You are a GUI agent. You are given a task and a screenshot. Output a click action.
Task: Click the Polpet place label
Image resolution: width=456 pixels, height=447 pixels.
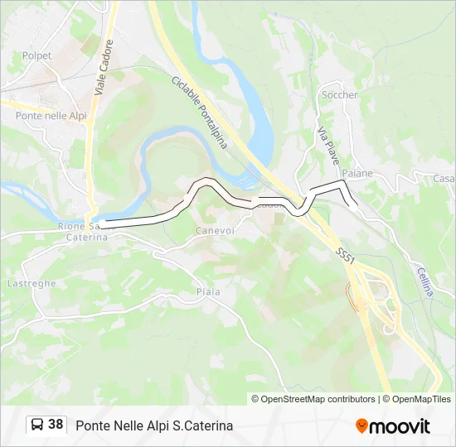point(36,55)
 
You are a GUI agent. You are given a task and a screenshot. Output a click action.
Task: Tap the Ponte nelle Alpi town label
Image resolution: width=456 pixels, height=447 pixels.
point(51,116)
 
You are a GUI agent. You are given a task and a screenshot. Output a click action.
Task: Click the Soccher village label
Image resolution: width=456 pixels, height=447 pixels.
point(339,95)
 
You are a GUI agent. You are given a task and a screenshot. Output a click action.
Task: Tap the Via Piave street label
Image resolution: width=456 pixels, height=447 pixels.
point(330,143)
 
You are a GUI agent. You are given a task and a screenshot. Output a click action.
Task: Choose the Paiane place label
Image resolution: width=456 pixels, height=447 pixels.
point(357,174)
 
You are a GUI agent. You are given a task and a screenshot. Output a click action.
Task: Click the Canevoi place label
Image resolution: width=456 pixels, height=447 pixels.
point(214,230)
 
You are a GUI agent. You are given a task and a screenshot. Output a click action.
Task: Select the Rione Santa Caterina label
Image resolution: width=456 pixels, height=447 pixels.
point(83,231)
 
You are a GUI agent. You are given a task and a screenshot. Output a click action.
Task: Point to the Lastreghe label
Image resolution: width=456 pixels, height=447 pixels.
point(32,283)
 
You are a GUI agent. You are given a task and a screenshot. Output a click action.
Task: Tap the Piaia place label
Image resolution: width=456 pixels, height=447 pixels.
point(209,291)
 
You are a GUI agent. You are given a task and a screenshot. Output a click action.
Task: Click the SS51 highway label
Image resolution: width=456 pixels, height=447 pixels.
point(346,255)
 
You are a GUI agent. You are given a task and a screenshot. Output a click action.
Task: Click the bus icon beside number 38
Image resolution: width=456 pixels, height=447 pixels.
point(37,425)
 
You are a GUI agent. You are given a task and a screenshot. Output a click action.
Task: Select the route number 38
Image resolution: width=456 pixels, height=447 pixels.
point(56,425)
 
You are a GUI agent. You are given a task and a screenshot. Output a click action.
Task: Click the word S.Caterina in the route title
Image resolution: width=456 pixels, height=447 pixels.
point(202,425)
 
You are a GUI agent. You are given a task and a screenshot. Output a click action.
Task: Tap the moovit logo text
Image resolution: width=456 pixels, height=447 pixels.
point(400,426)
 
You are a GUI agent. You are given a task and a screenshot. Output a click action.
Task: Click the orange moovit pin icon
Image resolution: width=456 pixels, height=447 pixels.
point(361,425)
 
